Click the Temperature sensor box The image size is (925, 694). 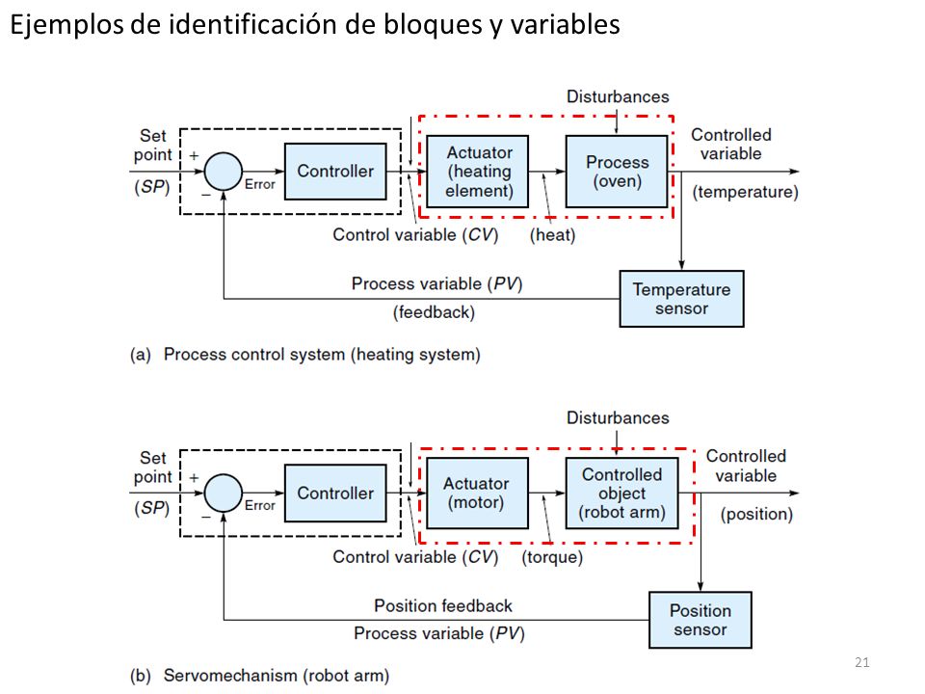(x=681, y=299)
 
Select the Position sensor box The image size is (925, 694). (x=700, y=620)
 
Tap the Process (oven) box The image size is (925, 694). (x=617, y=172)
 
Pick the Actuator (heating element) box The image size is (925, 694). (x=477, y=172)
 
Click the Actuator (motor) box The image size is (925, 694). (x=477, y=493)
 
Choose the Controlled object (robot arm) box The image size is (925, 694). (x=621, y=493)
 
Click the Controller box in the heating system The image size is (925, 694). (x=335, y=172)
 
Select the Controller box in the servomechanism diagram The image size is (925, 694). (x=335, y=493)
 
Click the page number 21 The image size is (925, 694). (x=861, y=662)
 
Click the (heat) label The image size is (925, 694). (x=552, y=235)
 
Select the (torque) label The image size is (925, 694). (x=552, y=556)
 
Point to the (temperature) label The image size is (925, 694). (x=745, y=192)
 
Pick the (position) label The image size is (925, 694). (x=756, y=514)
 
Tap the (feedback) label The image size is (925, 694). (x=434, y=311)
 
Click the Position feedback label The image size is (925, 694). (x=443, y=605)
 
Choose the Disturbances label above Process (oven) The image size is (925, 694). (x=618, y=96)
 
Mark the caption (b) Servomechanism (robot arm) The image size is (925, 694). (x=259, y=675)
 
